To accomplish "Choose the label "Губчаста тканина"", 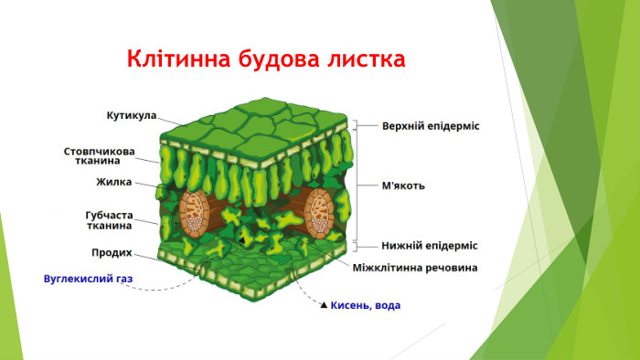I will pyautogui.click(x=108, y=219).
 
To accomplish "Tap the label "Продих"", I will pyautogui.click(x=112, y=252).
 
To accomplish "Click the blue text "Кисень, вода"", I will pyautogui.click(x=365, y=305).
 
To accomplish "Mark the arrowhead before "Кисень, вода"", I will pyautogui.click(x=323, y=305).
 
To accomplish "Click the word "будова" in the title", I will pyautogui.click(x=272, y=61).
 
